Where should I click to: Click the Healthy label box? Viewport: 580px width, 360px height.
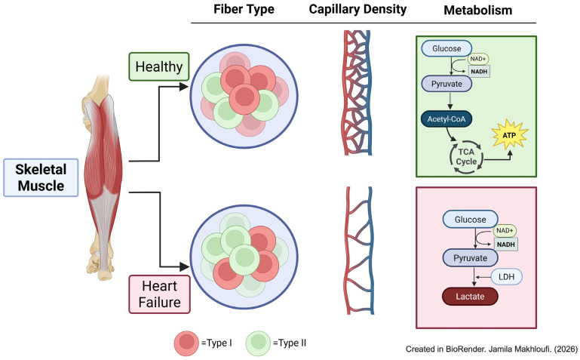coord(159,66)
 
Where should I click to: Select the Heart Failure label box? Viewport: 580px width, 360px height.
coord(159,294)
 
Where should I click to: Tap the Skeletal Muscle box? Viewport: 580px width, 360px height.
coord(41,177)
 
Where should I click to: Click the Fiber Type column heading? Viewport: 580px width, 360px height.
coord(244,9)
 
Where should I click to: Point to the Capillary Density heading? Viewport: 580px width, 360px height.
coord(358,9)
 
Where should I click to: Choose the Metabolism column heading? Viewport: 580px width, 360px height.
coord(478,10)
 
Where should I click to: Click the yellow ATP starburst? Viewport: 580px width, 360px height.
coord(509,135)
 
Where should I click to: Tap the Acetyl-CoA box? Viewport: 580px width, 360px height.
coord(447,119)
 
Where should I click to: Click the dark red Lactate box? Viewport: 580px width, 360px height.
coord(470,297)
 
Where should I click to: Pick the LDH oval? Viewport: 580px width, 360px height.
coord(506,277)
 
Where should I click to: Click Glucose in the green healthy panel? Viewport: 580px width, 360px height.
coord(447,48)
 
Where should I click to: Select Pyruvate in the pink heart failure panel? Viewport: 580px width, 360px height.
coord(470,258)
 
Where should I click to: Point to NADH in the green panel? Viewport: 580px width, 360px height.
coord(480,72)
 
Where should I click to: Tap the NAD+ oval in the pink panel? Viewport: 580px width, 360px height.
coord(505,230)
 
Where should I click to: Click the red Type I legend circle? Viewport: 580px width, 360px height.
coord(186,343)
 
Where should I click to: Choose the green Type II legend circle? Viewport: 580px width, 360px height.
coord(258,343)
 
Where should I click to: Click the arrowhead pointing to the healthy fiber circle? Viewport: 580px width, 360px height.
coord(184,87)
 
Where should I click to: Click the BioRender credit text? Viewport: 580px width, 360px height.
coord(492,349)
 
